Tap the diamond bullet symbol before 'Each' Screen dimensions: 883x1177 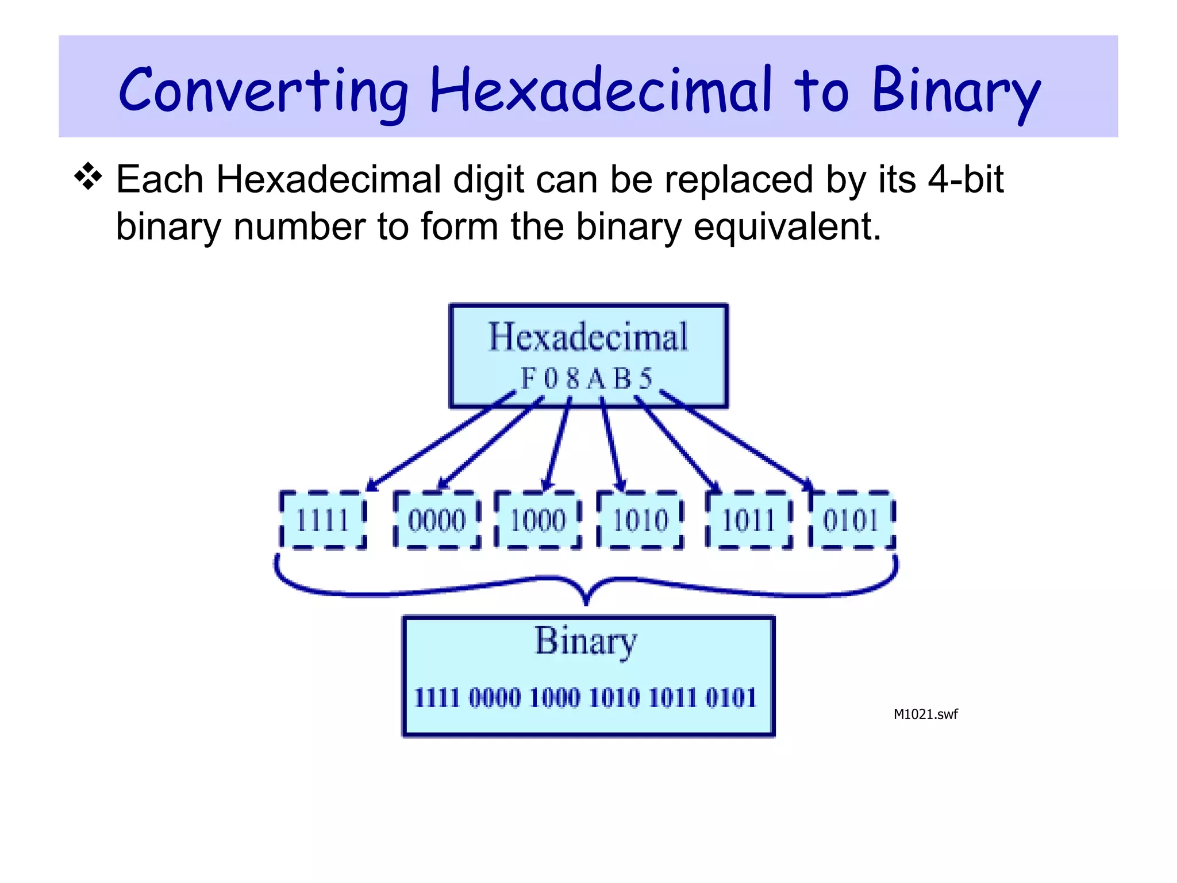[88, 177]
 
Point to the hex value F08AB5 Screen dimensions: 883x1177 [587, 379]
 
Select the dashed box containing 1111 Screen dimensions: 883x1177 [322, 520]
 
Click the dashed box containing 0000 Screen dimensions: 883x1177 [437, 520]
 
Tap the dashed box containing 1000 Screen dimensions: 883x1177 [539, 520]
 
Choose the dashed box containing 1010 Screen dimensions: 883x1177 [640, 520]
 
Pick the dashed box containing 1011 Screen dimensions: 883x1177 [749, 520]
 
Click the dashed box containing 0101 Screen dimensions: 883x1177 [851, 520]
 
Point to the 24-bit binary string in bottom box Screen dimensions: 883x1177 [586, 698]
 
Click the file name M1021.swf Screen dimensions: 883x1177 [925, 715]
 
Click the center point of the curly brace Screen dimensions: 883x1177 [586, 598]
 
